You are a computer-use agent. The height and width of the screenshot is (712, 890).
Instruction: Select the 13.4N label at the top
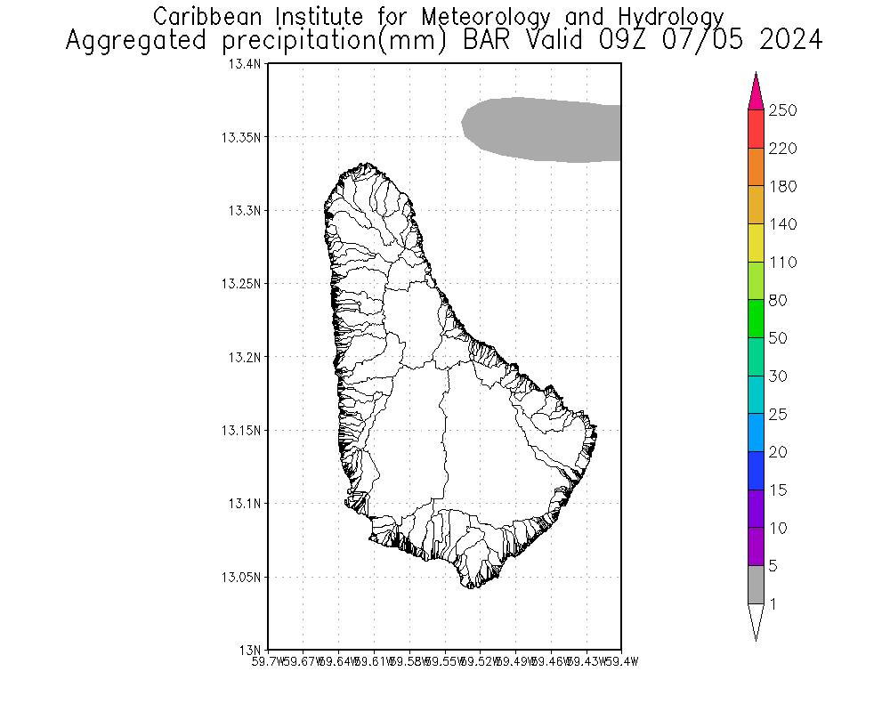(245, 64)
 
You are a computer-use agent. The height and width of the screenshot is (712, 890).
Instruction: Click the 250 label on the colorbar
(783, 110)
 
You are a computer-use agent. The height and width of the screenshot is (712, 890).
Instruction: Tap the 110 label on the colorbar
(783, 263)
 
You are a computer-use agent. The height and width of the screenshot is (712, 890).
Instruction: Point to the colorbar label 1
(773, 604)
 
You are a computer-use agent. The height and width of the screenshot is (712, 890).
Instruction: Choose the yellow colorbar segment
(756, 243)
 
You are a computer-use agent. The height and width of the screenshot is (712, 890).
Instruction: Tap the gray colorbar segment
(756, 585)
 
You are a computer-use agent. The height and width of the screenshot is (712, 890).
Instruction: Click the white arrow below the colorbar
(756, 620)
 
